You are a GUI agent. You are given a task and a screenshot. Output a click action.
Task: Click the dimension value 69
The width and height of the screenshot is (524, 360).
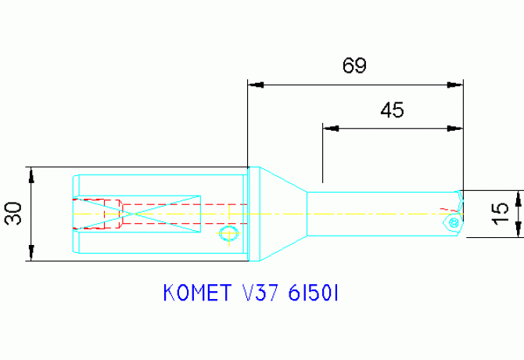(x=354, y=66)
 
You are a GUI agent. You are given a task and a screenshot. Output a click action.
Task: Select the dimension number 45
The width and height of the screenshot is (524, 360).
(x=392, y=110)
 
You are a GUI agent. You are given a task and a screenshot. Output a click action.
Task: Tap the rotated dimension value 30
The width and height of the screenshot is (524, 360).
(x=13, y=214)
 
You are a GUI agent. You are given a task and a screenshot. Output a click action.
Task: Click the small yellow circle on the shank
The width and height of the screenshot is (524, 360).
(x=228, y=233)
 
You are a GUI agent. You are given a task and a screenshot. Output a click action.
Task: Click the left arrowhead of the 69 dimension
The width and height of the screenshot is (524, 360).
(x=253, y=84)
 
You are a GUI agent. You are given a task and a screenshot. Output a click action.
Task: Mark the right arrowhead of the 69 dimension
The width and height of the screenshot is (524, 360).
(x=456, y=84)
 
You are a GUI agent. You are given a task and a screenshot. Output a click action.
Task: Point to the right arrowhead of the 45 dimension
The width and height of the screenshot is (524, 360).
(x=456, y=128)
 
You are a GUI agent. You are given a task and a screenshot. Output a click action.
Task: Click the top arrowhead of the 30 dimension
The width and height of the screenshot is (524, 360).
(x=31, y=173)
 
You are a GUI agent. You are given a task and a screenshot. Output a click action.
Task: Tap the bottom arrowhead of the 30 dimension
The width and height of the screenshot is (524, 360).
(x=31, y=255)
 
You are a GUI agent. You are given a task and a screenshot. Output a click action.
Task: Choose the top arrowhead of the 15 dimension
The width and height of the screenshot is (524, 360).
(x=519, y=196)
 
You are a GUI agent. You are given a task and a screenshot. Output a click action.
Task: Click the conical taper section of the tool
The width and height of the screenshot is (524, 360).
(x=283, y=214)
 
